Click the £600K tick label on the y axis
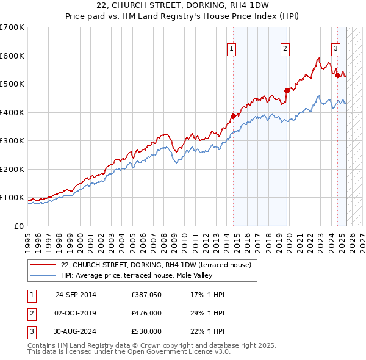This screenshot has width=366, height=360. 12,56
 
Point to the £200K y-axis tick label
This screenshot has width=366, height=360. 12,169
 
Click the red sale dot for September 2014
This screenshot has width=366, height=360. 233,116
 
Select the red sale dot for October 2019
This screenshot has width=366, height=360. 286,91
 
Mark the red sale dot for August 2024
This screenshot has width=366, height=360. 337,76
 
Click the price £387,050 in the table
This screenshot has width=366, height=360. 146,295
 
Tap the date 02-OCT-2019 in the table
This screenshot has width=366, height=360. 76,313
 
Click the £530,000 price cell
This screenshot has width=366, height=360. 146,331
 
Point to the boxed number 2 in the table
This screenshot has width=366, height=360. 30,313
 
